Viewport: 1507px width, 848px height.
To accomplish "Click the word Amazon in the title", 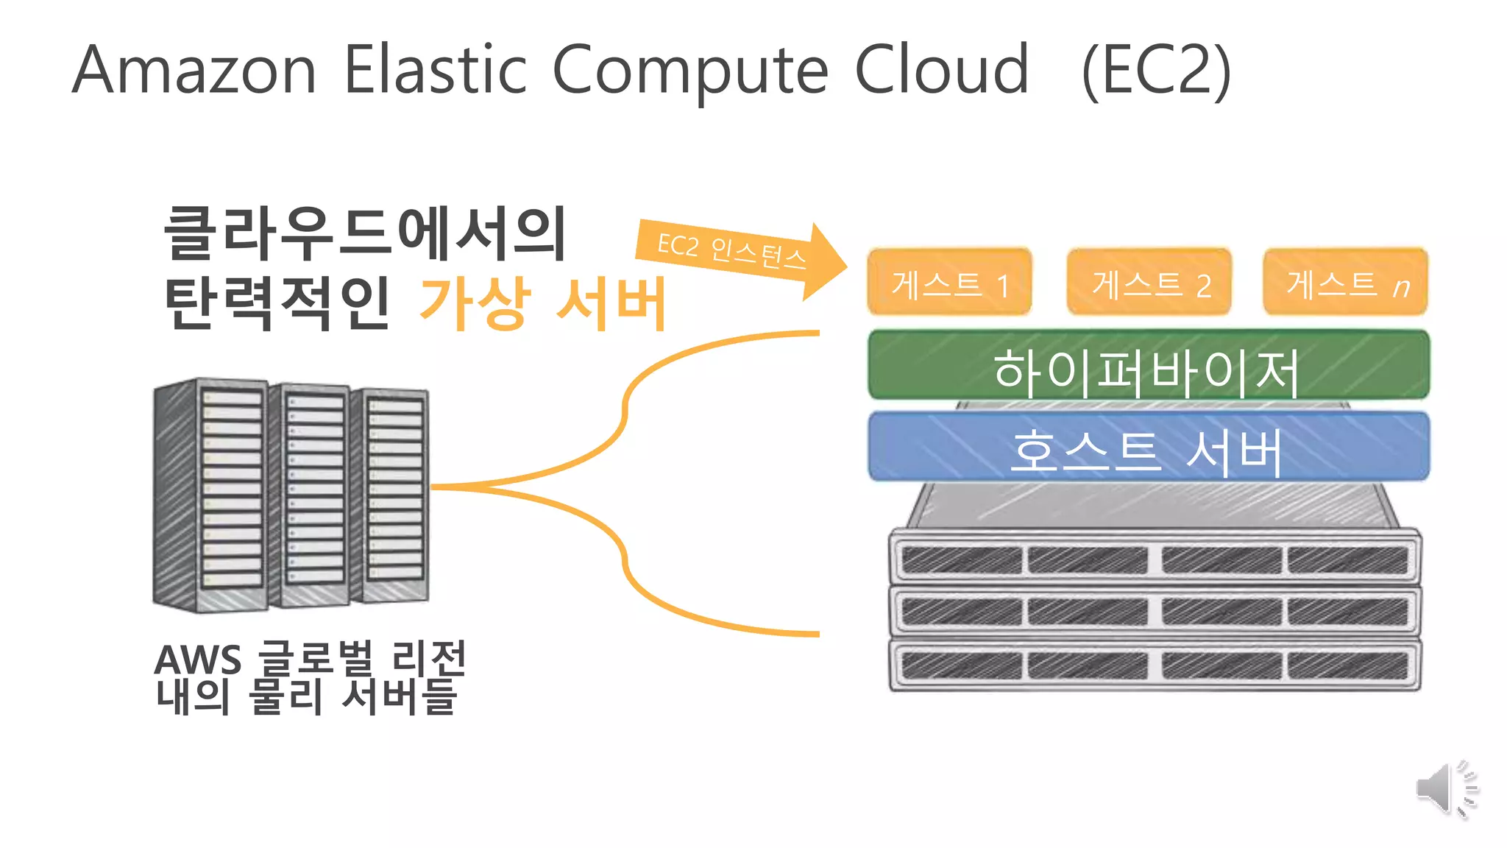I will [x=194, y=71].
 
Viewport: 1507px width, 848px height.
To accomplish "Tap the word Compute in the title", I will [x=690, y=72].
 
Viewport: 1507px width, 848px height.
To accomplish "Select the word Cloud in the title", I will [x=942, y=71].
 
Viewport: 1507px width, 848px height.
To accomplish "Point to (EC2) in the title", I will [x=1157, y=72].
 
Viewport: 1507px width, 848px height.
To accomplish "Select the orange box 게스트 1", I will [x=949, y=283].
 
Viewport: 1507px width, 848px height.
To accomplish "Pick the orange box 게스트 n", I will [x=1345, y=283].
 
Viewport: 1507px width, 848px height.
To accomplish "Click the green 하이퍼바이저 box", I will [x=1148, y=366].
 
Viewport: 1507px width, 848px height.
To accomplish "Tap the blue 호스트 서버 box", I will [x=1148, y=448].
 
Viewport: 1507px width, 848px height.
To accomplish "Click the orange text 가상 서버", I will [x=543, y=303].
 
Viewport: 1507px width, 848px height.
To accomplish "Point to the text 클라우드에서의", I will [x=365, y=234].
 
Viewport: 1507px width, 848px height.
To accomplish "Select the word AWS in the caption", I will [x=197, y=660].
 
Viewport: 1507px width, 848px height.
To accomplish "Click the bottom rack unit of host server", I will [x=1155, y=665].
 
